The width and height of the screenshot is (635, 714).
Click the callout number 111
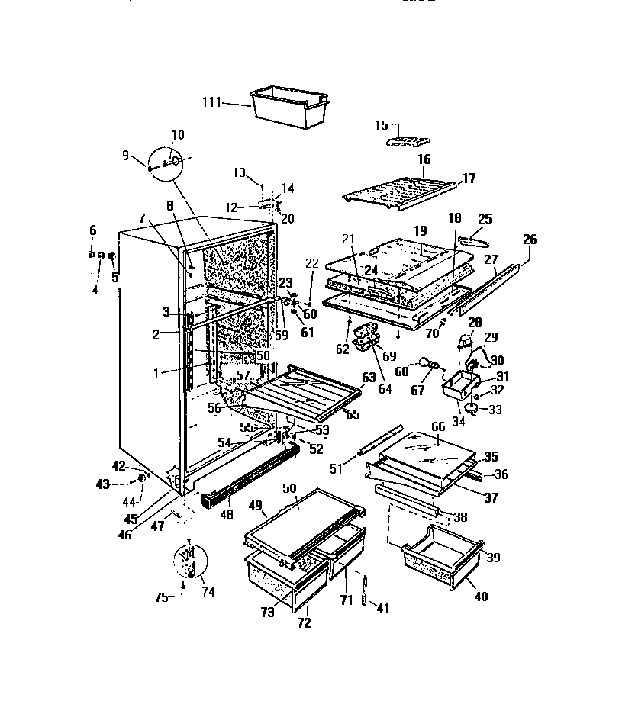tap(213, 102)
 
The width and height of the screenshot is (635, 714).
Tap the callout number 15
tap(382, 125)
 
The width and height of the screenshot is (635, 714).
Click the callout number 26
tap(529, 240)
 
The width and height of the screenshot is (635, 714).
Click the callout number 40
tap(481, 597)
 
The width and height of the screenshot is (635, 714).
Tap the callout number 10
tap(177, 135)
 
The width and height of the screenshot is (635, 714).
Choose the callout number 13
tap(240, 173)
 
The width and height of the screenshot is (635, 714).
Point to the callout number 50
tap(289, 487)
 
